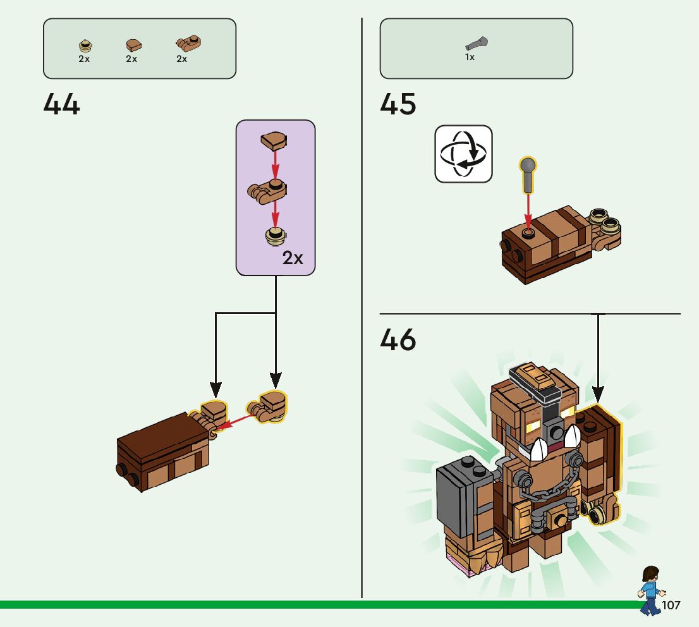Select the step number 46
(398, 341)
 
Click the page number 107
(671, 606)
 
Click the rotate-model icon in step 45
(463, 154)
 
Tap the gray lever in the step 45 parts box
(477, 44)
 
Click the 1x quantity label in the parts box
(470, 57)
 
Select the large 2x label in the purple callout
(293, 258)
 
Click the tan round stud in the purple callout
(276, 235)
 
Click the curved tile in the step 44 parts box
(133, 45)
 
